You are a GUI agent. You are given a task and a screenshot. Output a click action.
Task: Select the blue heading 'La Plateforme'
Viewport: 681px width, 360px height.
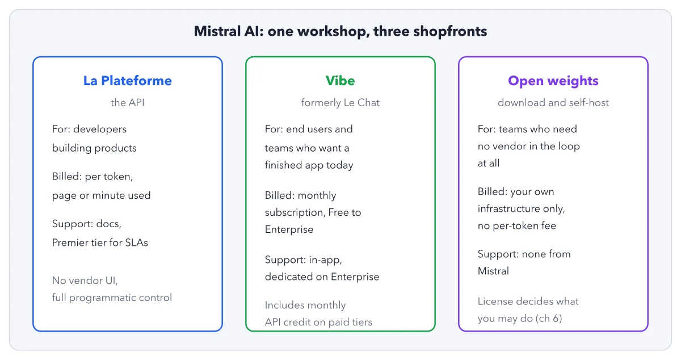click(128, 81)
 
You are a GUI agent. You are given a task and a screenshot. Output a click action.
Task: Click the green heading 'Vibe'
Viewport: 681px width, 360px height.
click(340, 81)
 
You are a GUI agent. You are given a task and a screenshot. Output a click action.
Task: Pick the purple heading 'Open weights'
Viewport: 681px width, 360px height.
click(553, 81)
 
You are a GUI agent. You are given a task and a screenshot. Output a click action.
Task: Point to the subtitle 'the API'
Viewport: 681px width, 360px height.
click(127, 103)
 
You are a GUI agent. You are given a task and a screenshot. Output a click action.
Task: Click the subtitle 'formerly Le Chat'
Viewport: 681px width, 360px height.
click(340, 103)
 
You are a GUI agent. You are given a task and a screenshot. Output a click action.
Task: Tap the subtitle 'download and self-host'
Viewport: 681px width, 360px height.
click(553, 103)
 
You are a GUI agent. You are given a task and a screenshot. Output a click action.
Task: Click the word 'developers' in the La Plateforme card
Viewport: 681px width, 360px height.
click(100, 129)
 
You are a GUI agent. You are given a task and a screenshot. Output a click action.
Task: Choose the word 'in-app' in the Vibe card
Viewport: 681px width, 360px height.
click(325, 260)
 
